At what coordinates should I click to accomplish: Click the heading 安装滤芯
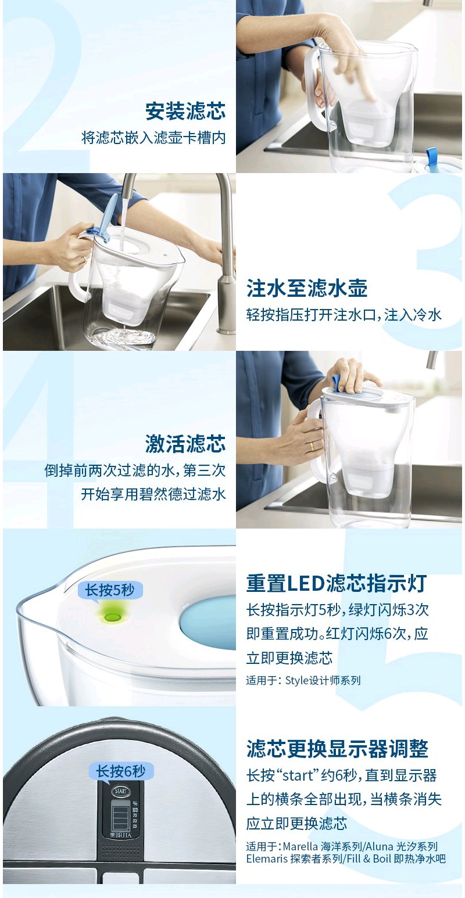(x=185, y=111)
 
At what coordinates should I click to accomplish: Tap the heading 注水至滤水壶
(x=307, y=289)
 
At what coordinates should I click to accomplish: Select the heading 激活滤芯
(x=185, y=444)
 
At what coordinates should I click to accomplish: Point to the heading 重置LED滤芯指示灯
(x=336, y=583)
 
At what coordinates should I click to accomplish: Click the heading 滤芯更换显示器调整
(x=338, y=749)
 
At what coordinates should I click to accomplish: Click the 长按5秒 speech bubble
(x=109, y=591)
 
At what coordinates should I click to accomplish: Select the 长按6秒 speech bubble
(x=120, y=771)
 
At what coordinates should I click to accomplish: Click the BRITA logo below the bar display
(x=120, y=835)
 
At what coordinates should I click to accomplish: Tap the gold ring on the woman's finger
(x=312, y=446)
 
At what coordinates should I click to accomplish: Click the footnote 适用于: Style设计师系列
(x=303, y=680)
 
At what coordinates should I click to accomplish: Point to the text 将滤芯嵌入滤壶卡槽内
(x=153, y=138)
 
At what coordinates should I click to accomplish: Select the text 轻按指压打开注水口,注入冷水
(x=344, y=315)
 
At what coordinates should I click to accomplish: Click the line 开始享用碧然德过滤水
(x=153, y=494)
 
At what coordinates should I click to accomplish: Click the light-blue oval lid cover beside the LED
(x=208, y=623)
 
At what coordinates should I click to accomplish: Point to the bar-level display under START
(x=121, y=813)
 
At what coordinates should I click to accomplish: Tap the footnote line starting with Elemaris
(x=346, y=859)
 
